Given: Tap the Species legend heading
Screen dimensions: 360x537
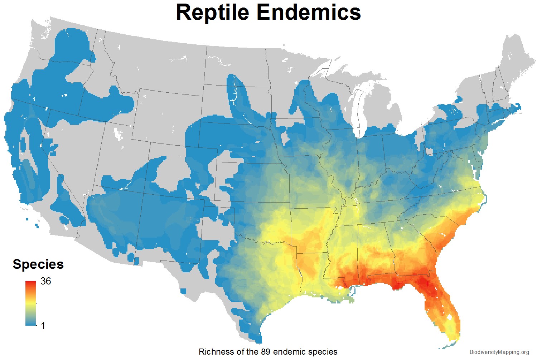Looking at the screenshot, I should coord(38,264).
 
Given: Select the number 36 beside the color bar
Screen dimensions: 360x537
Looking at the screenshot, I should coord(46,281).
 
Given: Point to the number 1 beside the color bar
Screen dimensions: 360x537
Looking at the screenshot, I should coord(43,326).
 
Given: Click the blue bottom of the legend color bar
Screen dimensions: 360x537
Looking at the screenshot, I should coord(30,322).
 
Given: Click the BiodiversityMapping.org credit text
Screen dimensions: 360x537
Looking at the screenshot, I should coord(499,352).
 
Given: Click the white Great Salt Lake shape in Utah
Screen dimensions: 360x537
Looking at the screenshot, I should coord(118,133).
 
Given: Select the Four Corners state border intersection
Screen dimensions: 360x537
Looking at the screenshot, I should coord(144,193).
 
